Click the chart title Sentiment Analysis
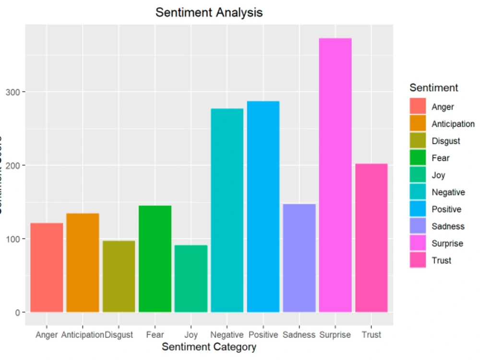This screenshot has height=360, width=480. pos(209,12)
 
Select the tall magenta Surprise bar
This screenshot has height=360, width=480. pos(335,175)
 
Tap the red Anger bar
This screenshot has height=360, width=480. pos(47,267)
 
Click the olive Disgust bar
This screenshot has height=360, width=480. pos(119,276)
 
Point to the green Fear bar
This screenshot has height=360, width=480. pos(155,259)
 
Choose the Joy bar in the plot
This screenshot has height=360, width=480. pos(191,278)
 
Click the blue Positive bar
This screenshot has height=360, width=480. pos(263,206)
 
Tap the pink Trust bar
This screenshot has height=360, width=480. pos(372,238)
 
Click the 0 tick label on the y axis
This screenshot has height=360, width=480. pos(18,312)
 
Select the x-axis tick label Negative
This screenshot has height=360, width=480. pos(227,335)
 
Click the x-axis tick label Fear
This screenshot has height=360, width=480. pos(155,335)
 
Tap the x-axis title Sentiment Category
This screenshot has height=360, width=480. pos(209,347)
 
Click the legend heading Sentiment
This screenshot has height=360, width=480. pos(433,88)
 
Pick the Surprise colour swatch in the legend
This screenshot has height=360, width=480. pos(418,243)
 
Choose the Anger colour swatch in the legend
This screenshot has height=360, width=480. pos(418,107)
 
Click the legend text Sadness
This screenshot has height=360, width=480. pos(448,226)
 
